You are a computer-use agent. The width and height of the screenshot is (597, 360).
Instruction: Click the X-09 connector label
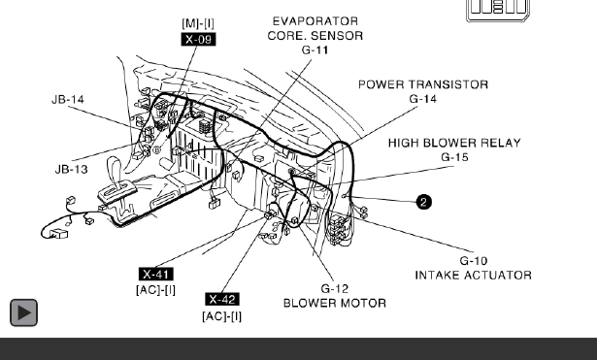tap(198, 39)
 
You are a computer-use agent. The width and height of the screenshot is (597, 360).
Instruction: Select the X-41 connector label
tap(156, 274)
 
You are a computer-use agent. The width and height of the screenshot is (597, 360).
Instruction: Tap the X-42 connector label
tap(222, 299)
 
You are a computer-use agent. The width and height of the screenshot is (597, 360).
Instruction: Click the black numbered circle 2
tap(424, 202)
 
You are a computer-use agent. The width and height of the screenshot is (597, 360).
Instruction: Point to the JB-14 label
tap(68, 100)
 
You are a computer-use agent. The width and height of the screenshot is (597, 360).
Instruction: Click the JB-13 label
tap(72, 169)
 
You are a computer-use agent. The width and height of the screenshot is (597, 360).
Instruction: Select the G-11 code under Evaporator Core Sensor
tap(315, 49)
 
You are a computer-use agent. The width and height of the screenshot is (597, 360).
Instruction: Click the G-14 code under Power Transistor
tap(422, 99)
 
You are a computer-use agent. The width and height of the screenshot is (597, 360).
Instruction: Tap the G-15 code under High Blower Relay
tap(454, 157)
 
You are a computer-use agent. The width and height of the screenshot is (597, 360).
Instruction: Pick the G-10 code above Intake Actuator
tap(474, 261)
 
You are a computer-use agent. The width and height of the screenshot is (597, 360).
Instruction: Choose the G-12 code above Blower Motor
tap(335, 288)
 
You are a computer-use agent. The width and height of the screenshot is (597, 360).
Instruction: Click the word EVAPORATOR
tap(315, 21)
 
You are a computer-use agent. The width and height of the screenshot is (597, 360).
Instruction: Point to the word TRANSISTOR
tap(450, 84)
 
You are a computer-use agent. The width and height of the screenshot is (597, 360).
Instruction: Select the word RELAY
tap(502, 143)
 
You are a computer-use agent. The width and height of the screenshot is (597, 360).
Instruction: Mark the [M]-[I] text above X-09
tap(198, 23)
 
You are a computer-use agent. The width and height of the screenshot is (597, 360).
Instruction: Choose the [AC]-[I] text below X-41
tap(155, 290)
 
